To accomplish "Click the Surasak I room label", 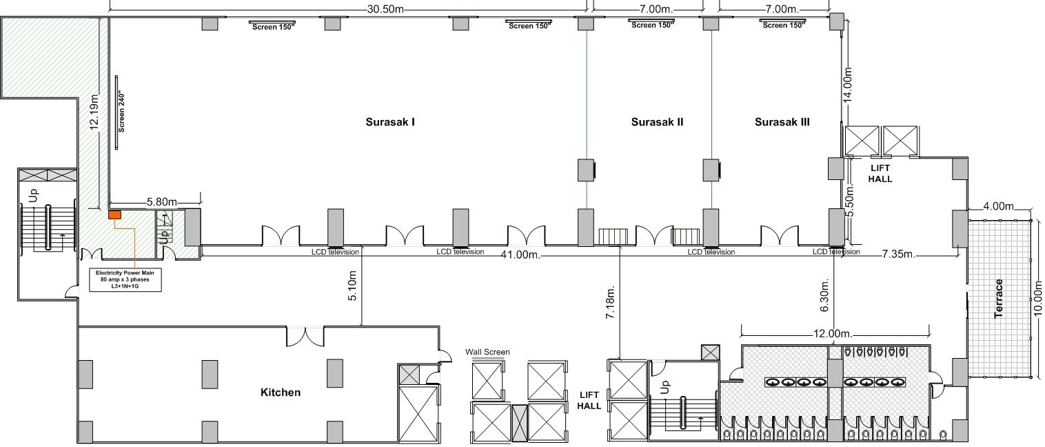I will pyautogui.click(x=389, y=122).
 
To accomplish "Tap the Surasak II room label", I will pyautogui.click(x=657, y=122).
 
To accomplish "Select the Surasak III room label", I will pyautogui.click(x=782, y=122).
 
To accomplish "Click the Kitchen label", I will pyautogui.click(x=281, y=393).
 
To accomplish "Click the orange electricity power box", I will pyautogui.click(x=114, y=215).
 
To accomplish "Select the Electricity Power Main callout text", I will pyautogui.click(x=125, y=279).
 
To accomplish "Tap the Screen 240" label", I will pyautogui.click(x=121, y=110).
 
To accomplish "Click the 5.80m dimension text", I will pyautogui.click(x=162, y=202).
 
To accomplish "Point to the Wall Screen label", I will pyautogui.click(x=487, y=352).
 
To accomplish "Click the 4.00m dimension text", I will pyautogui.click(x=999, y=206).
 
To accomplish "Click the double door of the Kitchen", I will pyautogui.click(x=305, y=336).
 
